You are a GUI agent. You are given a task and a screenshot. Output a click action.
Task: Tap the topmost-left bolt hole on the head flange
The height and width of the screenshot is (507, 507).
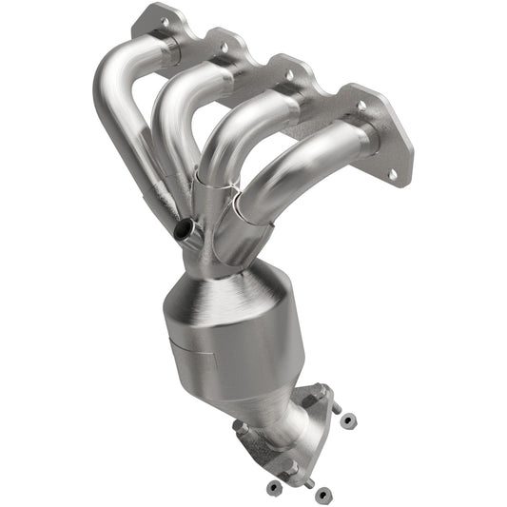click(x=165, y=19)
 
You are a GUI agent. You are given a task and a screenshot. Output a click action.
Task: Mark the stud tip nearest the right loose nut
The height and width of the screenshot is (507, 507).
click(x=335, y=407)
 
